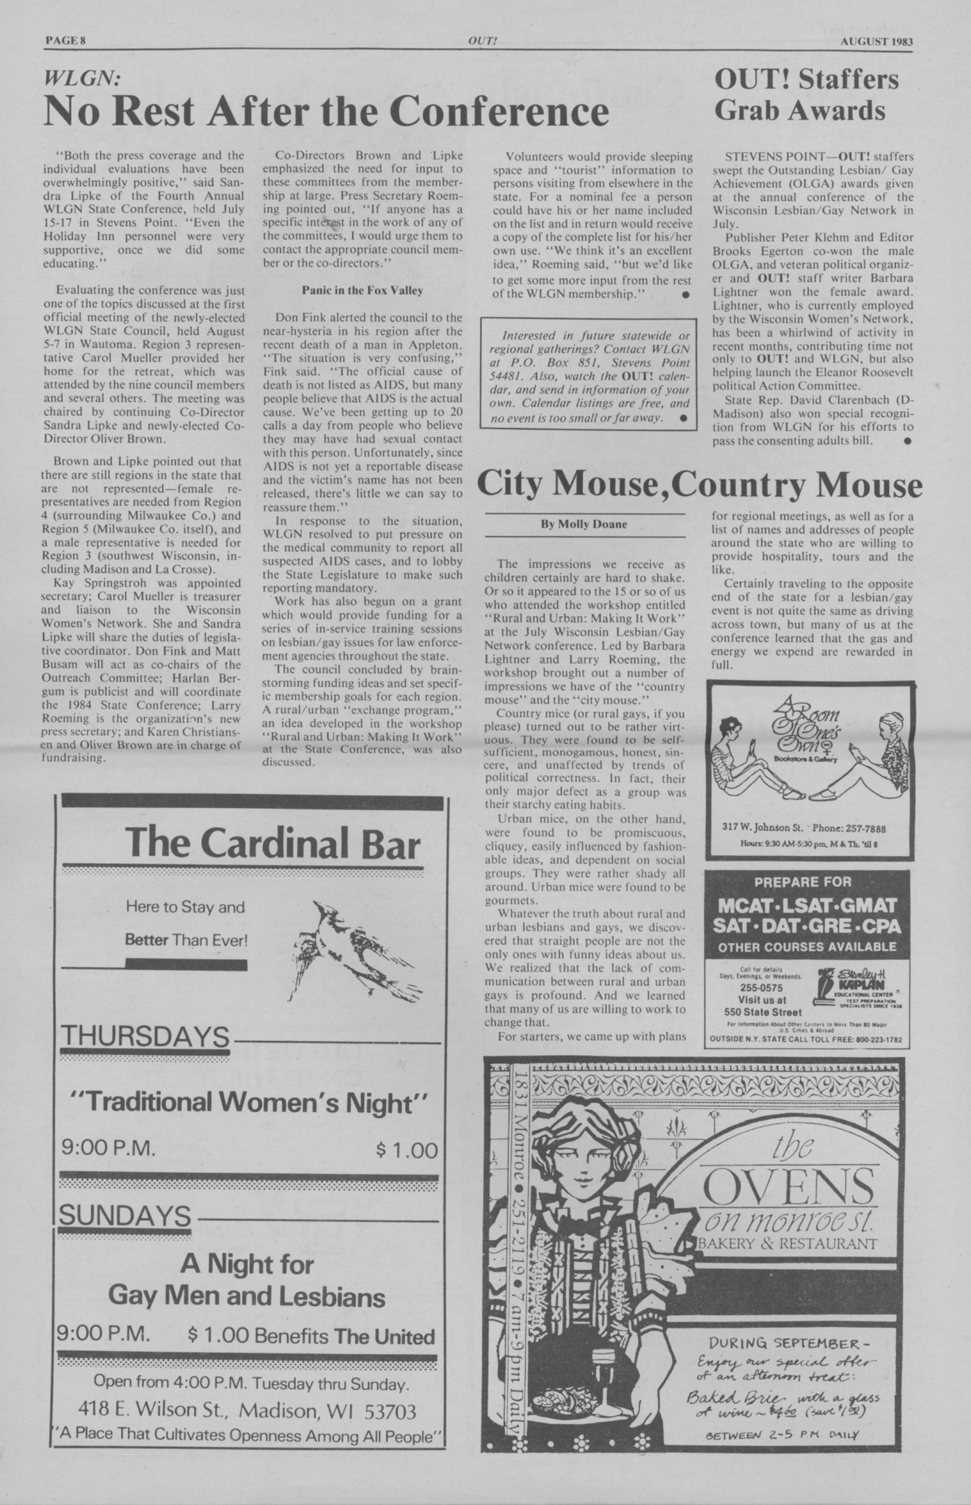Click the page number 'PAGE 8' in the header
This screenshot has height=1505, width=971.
coord(65,42)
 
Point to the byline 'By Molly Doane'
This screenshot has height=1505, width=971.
coord(584,524)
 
